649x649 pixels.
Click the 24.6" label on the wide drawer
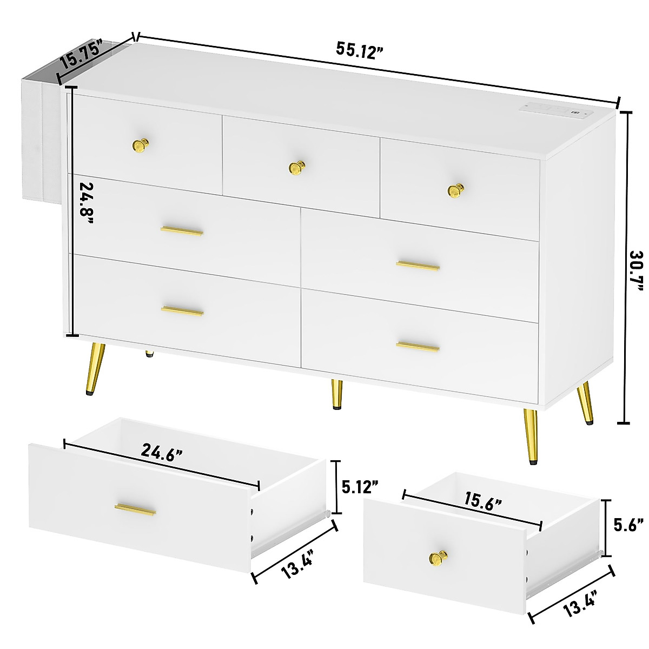pyautogui.click(x=161, y=450)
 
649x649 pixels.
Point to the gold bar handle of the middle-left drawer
pyautogui.click(x=182, y=231)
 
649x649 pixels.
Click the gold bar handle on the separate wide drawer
pyautogui.click(x=135, y=509)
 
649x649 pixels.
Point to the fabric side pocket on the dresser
pyautogui.click(x=41, y=135)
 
